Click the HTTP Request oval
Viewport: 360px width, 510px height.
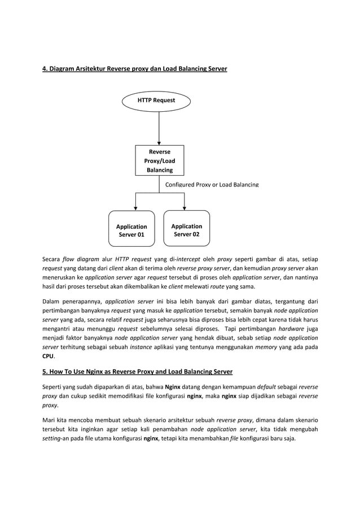(156, 101)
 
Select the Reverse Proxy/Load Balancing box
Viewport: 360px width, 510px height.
(159, 161)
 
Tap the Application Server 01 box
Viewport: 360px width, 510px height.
(131, 230)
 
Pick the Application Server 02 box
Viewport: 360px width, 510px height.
(186, 230)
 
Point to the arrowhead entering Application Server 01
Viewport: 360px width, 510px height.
(135, 207)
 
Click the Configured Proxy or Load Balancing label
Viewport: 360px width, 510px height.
(212, 185)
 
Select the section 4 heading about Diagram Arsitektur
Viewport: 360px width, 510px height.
(135, 69)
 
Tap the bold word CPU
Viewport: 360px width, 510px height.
(49, 357)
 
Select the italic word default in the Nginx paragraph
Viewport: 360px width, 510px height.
(267, 389)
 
